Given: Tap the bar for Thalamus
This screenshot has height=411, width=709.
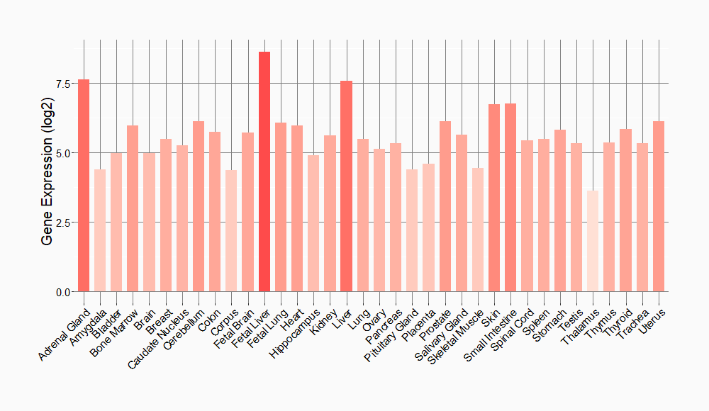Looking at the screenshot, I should pos(593,241).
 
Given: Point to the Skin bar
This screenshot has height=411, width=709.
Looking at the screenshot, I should pos(494,198).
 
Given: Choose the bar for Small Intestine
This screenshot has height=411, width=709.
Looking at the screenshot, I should pos(510,198).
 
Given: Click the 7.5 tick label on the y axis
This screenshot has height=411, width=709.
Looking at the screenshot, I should pos(63,84).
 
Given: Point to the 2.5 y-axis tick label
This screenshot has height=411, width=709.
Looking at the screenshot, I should pos(63,223).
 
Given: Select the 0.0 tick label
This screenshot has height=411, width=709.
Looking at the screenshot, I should pos(63,292).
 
